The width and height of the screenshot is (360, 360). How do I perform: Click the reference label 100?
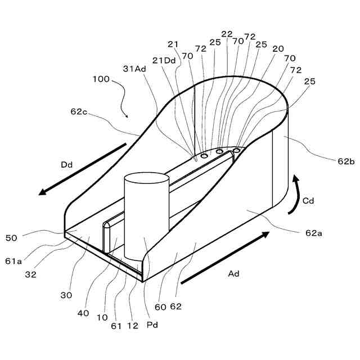(102, 79)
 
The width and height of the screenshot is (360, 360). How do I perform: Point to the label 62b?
(344, 161)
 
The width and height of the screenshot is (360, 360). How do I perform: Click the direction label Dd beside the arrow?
(67, 165)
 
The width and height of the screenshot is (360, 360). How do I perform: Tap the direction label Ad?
(233, 273)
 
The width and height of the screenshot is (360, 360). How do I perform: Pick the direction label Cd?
(309, 200)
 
